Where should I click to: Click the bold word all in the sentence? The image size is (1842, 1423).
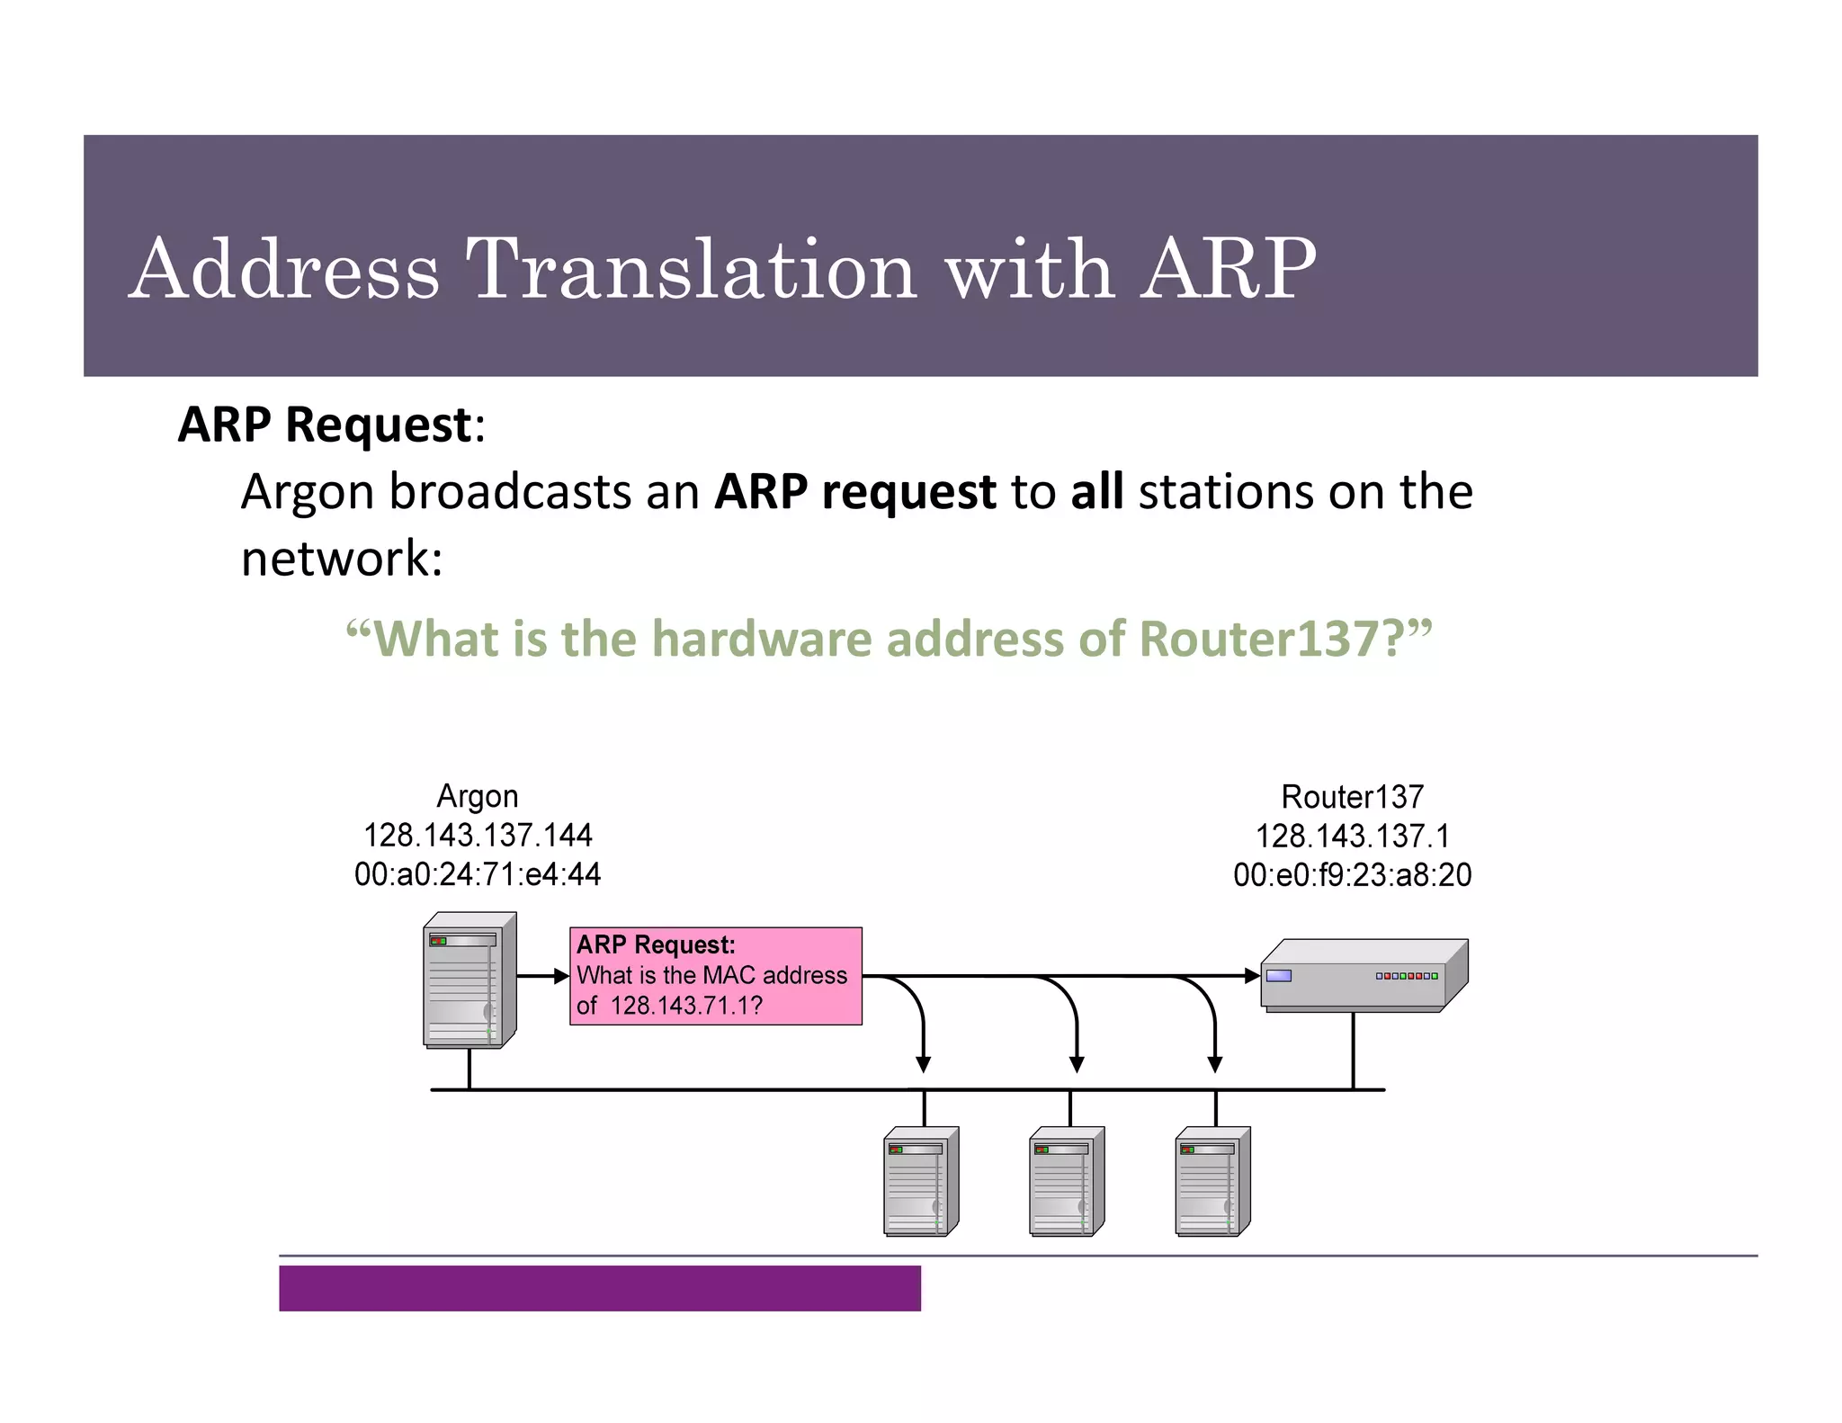pyautogui.click(x=1096, y=491)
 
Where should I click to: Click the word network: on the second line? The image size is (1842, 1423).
pyautogui.click(x=342, y=558)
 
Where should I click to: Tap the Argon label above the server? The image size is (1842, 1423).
pyautogui.click(x=477, y=796)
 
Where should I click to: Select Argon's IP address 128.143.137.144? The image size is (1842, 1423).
pyautogui.click(x=477, y=836)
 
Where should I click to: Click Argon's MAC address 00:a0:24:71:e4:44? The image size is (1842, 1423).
pyautogui.click(x=477, y=874)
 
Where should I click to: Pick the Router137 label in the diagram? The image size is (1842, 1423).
pyautogui.click(x=1352, y=797)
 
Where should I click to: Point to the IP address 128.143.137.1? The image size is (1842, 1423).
pyautogui.click(x=1352, y=837)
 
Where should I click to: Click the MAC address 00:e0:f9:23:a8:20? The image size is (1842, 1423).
pyautogui.click(x=1352, y=875)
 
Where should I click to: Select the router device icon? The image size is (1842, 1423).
pyautogui.click(x=1362, y=975)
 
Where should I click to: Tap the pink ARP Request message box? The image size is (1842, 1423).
pyautogui.click(x=715, y=976)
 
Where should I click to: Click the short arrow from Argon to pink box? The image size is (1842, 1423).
pyautogui.click(x=542, y=976)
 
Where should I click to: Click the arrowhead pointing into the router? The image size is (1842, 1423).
pyautogui.click(x=1252, y=975)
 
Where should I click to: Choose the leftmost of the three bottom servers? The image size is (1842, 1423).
pyautogui.click(x=920, y=1181)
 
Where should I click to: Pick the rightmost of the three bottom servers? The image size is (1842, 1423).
pyautogui.click(x=1212, y=1181)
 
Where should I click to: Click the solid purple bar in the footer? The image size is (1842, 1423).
pyautogui.click(x=599, y=1288)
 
